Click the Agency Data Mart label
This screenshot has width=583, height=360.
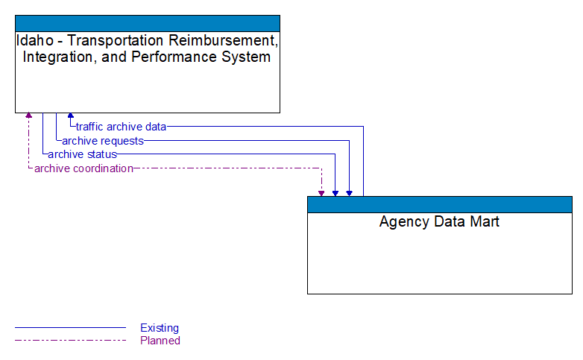click(x=439, y=221)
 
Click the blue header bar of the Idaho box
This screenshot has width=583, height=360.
click(x=148, y=23)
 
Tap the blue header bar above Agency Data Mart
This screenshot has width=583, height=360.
click(x=439, y=204)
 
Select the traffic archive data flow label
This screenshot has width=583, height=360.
click(x=121, y=127)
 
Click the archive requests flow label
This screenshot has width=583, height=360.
click(x=102, y=141)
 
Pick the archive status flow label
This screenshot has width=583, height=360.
click(x=82, y=154)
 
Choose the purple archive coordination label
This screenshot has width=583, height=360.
click(x=83, y=168)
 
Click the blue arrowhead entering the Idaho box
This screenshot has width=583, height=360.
click(x=71, y=116)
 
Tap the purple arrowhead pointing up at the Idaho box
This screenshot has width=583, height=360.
click(x=29, y=116)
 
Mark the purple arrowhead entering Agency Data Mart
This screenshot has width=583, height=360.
click(x=321, y=193)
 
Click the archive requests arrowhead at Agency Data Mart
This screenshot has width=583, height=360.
click(x=349, y=193)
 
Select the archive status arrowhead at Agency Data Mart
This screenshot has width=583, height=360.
click(x=335, y=193)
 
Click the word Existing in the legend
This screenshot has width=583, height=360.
click(x=160, y=328)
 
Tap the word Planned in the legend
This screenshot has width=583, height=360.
click(x=160, y=341)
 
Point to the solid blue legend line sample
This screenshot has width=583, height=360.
click(x=70, y=328)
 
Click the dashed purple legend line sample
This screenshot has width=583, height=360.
click(x=70, y=341)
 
